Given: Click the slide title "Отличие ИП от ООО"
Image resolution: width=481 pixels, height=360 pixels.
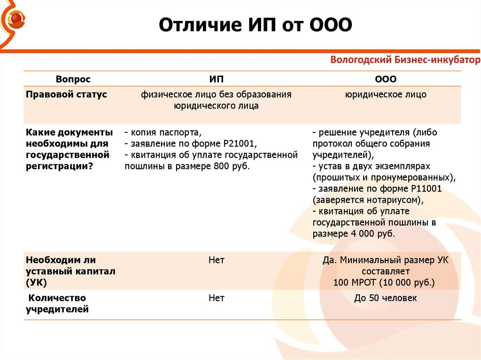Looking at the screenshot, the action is (255, 25).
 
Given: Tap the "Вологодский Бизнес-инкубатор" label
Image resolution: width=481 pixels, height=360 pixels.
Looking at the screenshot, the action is (405, 60).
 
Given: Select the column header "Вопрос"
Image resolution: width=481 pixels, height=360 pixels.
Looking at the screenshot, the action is (73, 79).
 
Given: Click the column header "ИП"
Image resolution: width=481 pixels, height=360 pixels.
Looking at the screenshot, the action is (216, 79).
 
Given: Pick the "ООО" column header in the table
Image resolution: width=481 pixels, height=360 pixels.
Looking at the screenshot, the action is (386, 79).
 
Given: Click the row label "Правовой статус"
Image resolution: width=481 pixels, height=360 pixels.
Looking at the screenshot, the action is (66, 94).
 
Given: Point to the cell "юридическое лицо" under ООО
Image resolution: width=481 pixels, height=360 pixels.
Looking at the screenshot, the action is (386, 94).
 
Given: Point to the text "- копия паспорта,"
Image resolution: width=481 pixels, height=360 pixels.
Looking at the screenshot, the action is (163, 132).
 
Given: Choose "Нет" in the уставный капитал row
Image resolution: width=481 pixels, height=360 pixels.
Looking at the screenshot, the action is (216, 260).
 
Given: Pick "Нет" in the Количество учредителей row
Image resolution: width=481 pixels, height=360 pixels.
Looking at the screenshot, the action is (216, 298).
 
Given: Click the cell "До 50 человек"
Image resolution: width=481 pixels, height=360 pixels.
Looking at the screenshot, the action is (386, 298).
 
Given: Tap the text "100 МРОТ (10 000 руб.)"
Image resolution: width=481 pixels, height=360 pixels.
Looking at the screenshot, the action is (384, 283).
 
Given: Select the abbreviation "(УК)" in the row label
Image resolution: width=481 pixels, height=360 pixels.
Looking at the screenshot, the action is (36, 283).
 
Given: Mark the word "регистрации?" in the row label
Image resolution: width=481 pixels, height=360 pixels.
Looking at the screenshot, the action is (59, 167).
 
